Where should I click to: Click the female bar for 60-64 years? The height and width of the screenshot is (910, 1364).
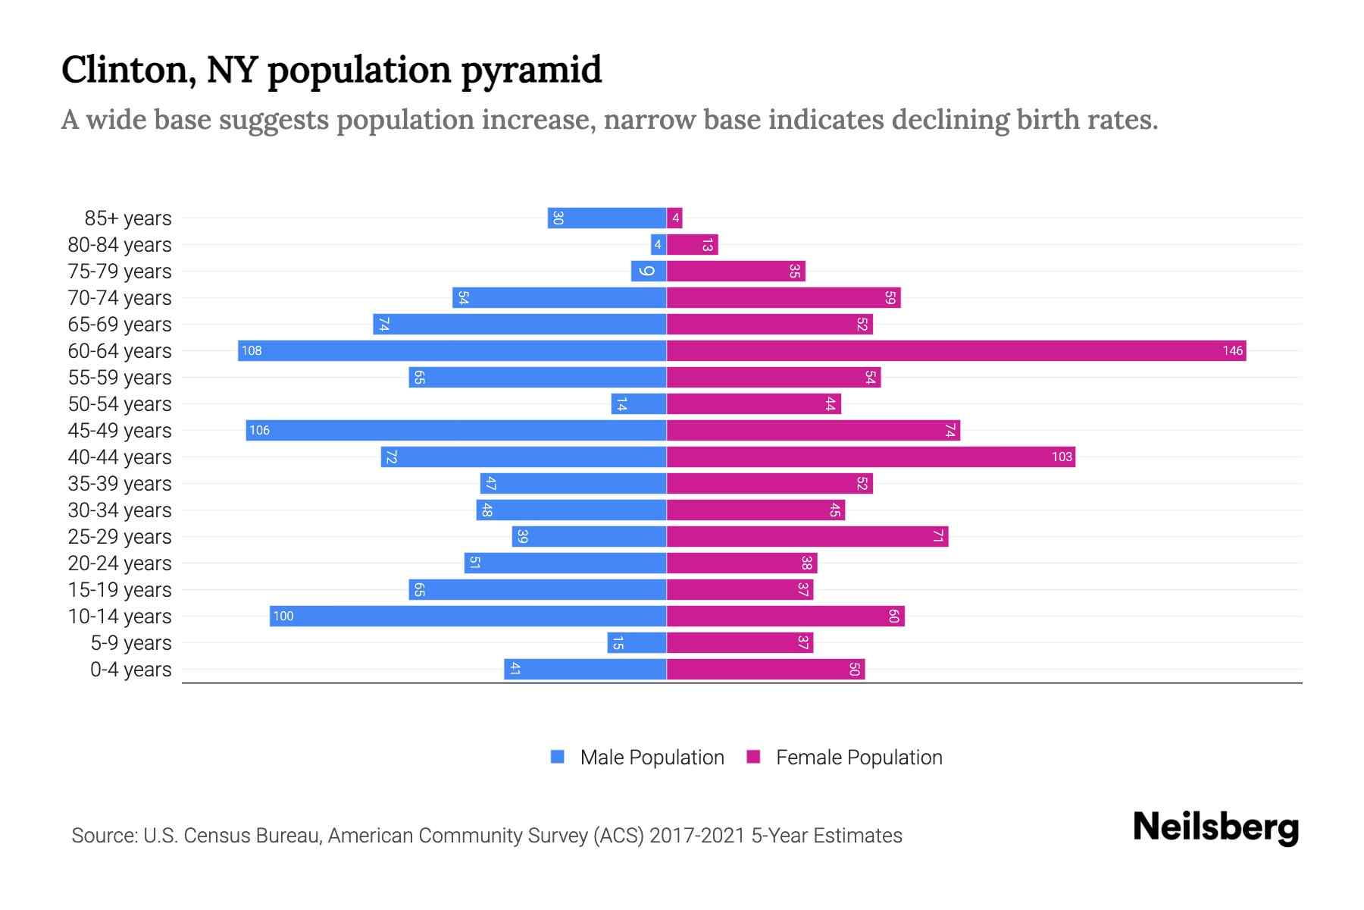(x=956, y=350)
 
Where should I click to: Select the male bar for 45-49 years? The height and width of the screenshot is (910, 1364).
(x=456, y=430)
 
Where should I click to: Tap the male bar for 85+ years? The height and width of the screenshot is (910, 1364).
(x=607, y=218)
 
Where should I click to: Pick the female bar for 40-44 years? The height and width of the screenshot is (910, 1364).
(x=871, y=457)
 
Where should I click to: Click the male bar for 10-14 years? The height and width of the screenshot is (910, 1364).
(x=468, y=616)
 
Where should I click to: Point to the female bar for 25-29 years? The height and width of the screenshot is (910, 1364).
(x=807, y=536)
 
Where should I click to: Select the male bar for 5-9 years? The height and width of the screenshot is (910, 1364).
(x=637, y=642)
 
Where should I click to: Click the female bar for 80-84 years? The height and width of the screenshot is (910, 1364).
(x=692, y=244)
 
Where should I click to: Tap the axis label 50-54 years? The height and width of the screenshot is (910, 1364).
(x=120, y=404)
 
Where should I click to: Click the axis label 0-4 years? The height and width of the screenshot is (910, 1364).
(x=130, y=670)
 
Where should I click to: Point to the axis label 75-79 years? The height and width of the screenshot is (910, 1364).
(x=120, y=271)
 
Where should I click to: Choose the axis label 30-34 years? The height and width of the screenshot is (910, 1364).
(x=120, y=510)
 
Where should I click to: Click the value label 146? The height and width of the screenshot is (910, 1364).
(x=1232, y=350)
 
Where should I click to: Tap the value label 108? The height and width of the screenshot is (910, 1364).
(x=252, y=350)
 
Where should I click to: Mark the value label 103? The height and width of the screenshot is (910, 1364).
(x=1062, y=457)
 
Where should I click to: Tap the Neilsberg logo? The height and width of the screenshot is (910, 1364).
(x=1215, y=827)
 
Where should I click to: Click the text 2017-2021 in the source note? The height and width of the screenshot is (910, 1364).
(x=697, y=836)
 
